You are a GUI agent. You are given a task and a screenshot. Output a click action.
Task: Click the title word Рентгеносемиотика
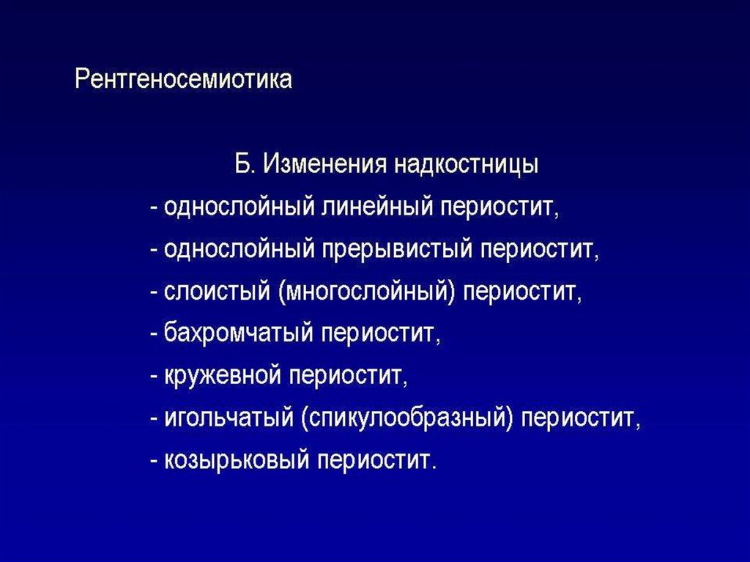click(x=183, y=79)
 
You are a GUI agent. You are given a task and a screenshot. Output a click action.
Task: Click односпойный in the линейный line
click(x=238, y=207)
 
